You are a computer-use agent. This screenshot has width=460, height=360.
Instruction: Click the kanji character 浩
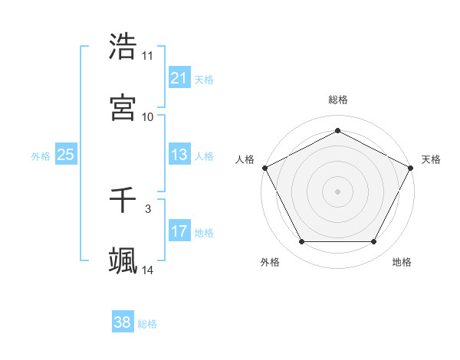[123, 47]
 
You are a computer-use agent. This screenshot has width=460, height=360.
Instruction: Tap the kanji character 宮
[123, 108]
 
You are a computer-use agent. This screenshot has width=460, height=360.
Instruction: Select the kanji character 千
[123, 200]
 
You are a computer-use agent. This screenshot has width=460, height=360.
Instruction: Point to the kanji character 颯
[123, 261]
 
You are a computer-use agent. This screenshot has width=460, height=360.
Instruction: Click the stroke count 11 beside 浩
[148, 56]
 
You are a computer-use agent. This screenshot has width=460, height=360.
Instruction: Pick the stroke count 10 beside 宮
[148, 117]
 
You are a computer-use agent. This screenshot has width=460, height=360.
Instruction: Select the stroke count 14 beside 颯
[148, 270]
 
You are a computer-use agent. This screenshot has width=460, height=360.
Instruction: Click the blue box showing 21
[179, 77]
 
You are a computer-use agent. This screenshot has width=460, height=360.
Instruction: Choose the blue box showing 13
[179, 155]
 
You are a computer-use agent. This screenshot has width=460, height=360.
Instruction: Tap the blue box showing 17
[179, 231]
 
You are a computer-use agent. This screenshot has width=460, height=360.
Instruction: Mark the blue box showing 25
[66, 155]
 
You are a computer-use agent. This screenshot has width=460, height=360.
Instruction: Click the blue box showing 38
[123, 322]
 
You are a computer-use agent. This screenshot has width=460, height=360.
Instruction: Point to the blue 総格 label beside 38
[148, 324]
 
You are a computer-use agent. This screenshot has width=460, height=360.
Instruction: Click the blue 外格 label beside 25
[41, 155]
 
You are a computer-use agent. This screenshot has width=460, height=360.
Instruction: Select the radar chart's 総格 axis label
[338, 100]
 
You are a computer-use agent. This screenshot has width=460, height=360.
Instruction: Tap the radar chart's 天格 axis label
[431, 159]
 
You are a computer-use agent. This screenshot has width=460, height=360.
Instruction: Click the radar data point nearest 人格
[264, 167]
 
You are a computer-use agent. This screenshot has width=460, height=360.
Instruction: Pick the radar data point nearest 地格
[374, 242]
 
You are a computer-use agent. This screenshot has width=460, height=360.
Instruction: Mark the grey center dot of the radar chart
[337, 191]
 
